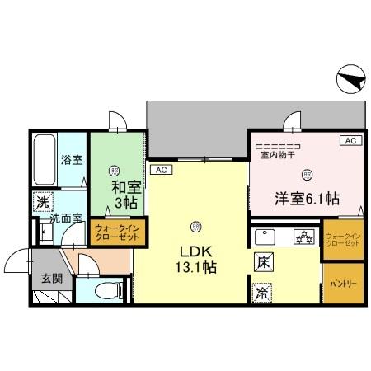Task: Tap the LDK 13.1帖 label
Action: (195, 258)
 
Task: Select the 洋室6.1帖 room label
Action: (307, 198)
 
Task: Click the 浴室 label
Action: (71, 159)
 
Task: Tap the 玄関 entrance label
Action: (51, 278)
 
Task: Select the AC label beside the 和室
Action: (161, 171)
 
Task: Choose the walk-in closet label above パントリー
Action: (343, 238)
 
